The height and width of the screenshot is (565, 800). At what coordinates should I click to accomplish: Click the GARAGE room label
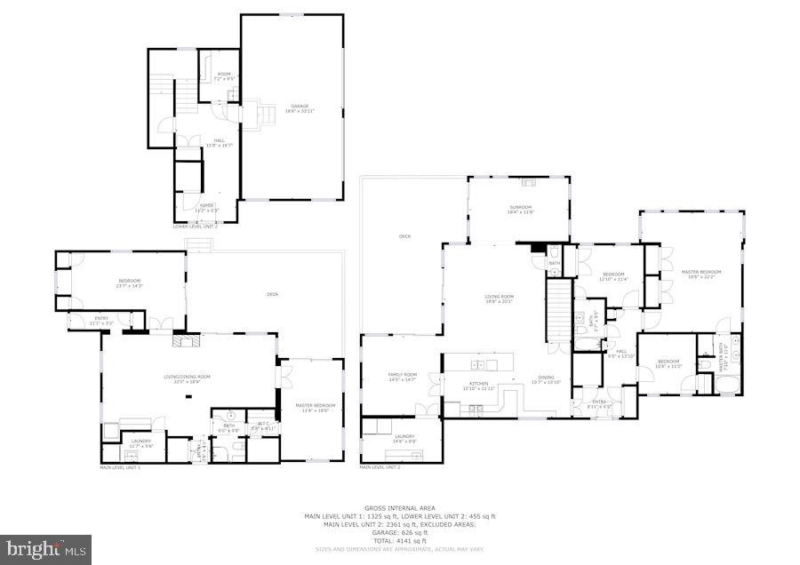[x=300, y=107]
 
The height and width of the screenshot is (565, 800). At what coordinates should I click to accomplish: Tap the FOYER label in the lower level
[x=206, y=204]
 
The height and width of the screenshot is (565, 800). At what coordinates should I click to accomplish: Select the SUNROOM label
[x=520, y=207]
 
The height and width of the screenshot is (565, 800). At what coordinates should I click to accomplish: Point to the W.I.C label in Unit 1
[x=263, y=422]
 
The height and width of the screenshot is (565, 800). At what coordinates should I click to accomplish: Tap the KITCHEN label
[x=478, y=384]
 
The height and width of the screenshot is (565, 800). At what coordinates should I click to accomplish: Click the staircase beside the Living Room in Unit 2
[x=556, y=306]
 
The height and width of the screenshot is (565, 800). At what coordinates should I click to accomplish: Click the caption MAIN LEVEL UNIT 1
[x=120, y=466]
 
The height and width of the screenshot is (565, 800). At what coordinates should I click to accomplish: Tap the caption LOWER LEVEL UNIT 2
[x=196, y=227]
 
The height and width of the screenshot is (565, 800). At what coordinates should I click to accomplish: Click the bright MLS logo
[x=46, y=548]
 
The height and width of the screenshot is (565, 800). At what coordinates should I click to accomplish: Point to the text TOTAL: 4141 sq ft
[x=399, y=540]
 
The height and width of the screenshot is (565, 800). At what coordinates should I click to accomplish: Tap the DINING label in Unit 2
[x=546, y=377]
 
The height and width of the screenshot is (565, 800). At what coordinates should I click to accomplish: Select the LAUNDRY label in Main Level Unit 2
[x=404, y=436]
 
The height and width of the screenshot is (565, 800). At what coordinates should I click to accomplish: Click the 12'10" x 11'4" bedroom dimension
[x=613, y=280]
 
